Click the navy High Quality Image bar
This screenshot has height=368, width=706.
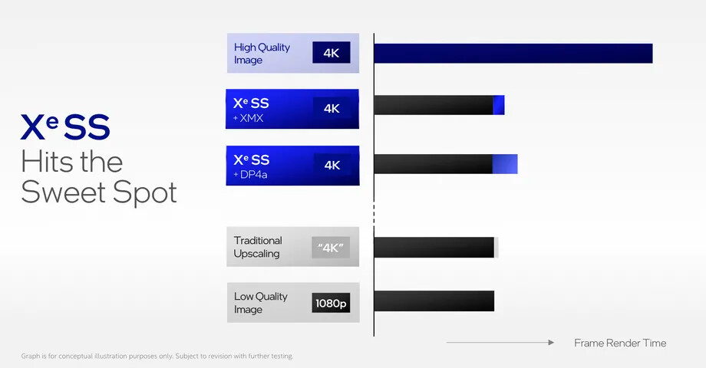click(513, 54)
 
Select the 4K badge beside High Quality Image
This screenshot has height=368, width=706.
click(332, 53)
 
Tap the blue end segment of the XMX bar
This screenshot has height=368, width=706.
click(499, 105)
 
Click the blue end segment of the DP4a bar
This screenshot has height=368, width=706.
click(505, 164)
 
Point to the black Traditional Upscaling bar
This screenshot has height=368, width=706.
click(434, 248)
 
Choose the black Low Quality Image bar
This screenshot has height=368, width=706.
click(434, 301)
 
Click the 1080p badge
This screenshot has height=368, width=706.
click(331, 304)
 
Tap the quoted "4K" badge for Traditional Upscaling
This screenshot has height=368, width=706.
click(331, 248)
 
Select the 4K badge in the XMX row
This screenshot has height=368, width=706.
click(332, 108)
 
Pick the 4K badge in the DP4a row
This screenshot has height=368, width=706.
click(332, 165)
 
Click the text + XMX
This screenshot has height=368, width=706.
click(249, 118)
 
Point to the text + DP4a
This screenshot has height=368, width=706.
click(250, 175)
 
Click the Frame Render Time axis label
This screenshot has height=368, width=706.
click(620, 343)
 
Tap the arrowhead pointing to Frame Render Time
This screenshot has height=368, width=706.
click(551, 343)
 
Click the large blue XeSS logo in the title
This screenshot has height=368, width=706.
click(65, 127)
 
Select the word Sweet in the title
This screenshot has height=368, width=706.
click(64, 192)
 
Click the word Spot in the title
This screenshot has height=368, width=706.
click(145, 194)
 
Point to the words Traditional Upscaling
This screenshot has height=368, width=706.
click(258, 247)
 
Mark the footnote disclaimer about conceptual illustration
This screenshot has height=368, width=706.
click(157, 356)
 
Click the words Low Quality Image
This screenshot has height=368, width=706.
click(261, 303)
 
